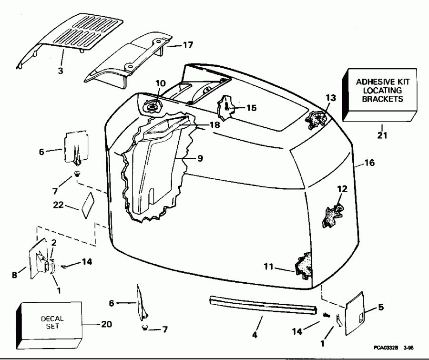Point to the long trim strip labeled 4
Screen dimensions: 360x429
[x=262, y=305]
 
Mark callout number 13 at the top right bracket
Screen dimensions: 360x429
[x=317, y=98]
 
